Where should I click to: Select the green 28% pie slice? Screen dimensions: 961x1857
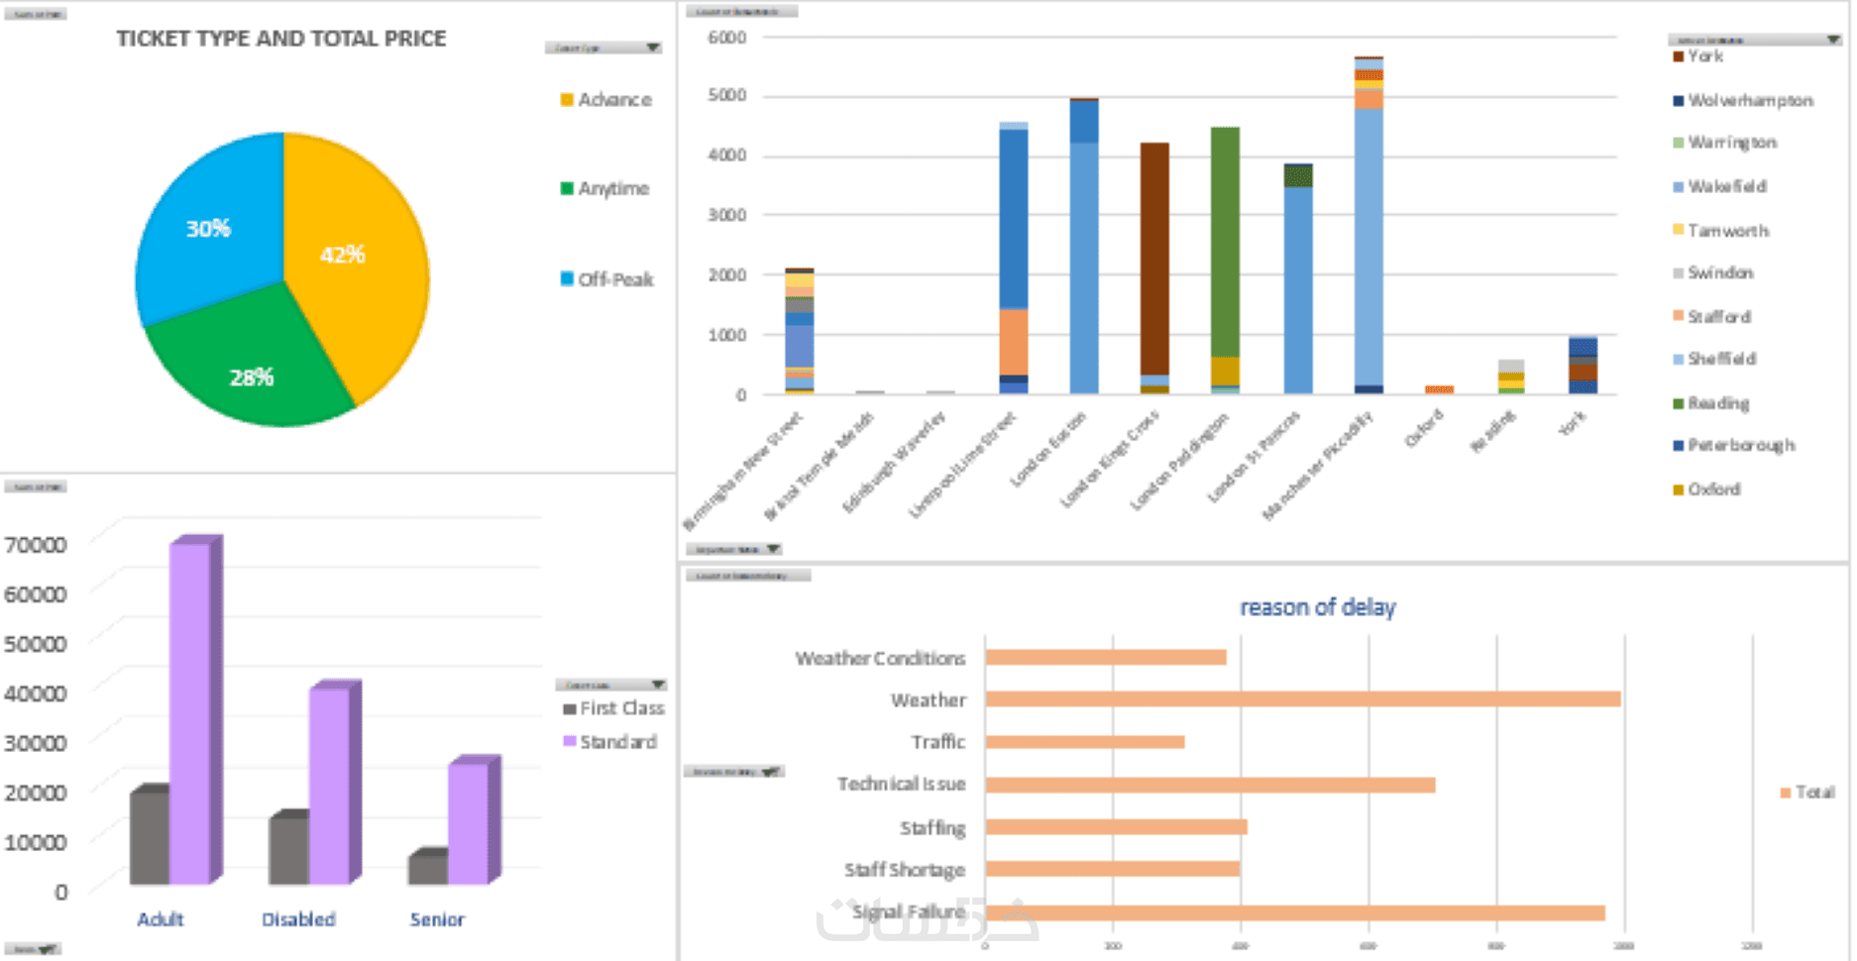tap(248, 367)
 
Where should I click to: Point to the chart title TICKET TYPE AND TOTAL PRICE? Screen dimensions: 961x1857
tap(281, 39)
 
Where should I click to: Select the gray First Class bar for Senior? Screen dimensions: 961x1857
tap(428, 868)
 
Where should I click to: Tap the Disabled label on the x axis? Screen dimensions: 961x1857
tap(298, 919)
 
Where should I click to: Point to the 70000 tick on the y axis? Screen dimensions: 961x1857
tap(36, 545)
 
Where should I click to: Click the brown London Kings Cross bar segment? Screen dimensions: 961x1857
tap(1154, 258)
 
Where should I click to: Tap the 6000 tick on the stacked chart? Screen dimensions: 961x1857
tap(727, 38)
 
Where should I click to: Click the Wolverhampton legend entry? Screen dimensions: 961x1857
tap(1750, 100)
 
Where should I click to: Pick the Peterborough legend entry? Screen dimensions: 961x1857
tap(1740, 445)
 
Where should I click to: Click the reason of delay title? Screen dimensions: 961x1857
tap(1317, 607)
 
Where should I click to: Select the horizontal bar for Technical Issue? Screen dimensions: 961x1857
tap(1210, 786)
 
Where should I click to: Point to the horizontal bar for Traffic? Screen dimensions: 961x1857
tap(1085, 742)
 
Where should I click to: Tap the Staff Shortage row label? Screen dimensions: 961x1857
tap(904, 870)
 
